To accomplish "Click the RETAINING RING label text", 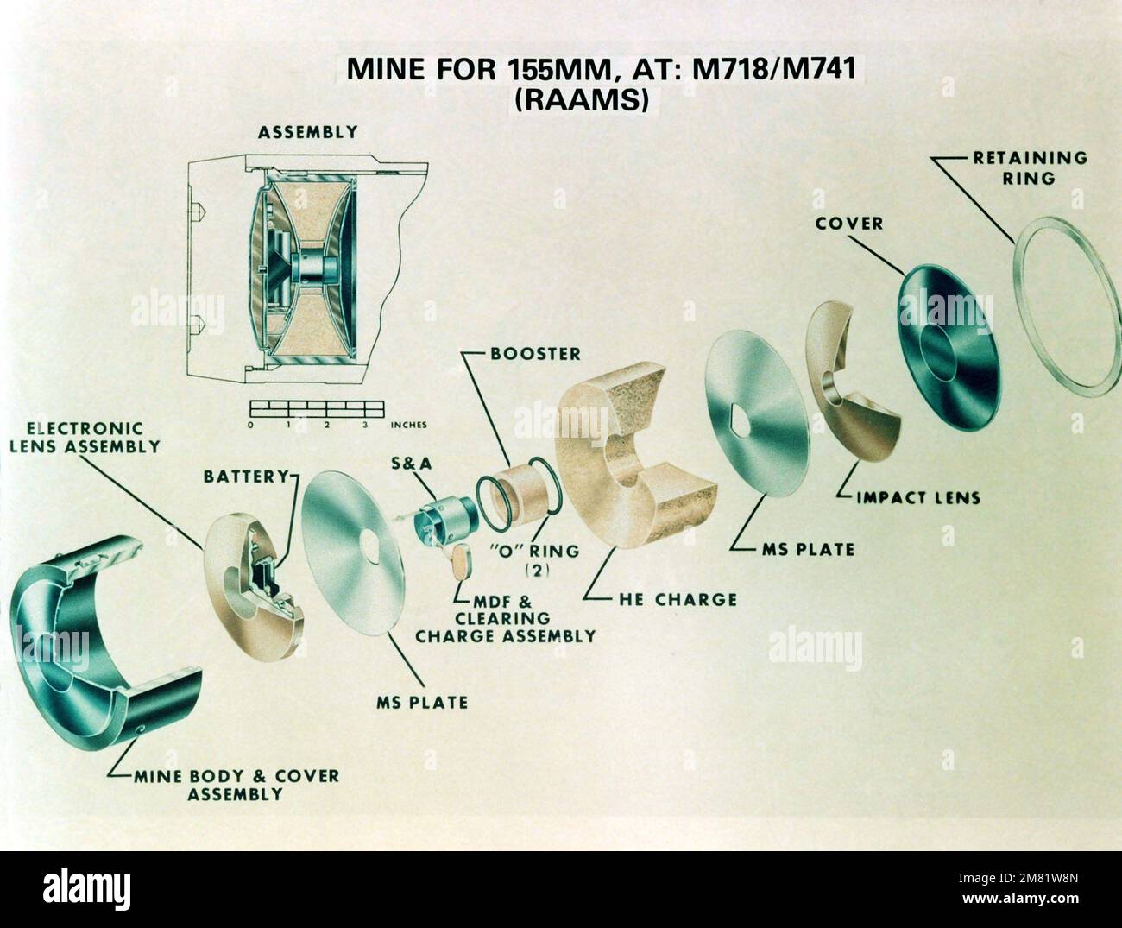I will tap(1029, 168).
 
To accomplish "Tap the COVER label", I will tap(849, 224).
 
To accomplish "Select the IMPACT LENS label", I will tap(917, 498).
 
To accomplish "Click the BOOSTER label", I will tap(535, 354).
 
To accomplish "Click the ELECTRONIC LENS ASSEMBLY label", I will tap(85, 438).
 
